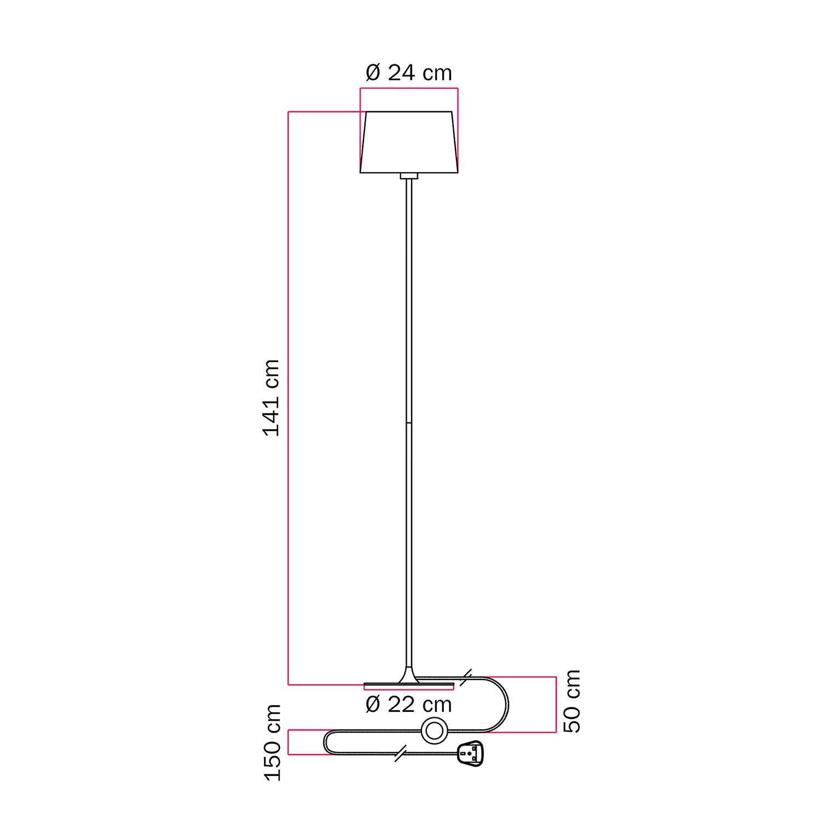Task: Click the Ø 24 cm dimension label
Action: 408,73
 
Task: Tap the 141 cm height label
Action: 272,398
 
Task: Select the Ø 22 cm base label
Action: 408,705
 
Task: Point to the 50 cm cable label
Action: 572,701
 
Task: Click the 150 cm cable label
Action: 272,743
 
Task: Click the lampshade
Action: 409,142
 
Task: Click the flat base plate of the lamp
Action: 409,685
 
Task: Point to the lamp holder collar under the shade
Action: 409,176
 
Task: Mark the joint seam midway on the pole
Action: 409,423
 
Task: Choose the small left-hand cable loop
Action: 327,743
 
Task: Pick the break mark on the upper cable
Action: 466,678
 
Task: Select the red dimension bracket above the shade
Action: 409,88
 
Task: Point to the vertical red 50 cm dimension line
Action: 556,704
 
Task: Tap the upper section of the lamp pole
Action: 409,301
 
